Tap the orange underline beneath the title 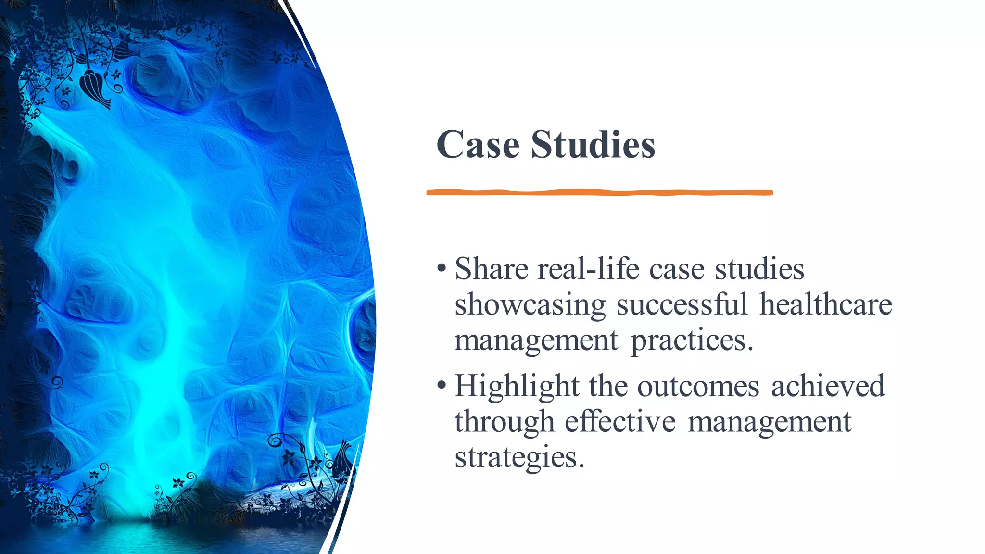click(599, 192)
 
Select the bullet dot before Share click(442, 268)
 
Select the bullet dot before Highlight click(442, 385)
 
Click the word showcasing click(530, 305)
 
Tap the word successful click(682, 305)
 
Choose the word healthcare click(825, 305)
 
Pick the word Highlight click(517, 387)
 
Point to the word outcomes click(698, 387)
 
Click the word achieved click(828, 387)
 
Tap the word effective click(620, 422)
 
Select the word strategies click(518, 458)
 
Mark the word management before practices click(536, 341)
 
